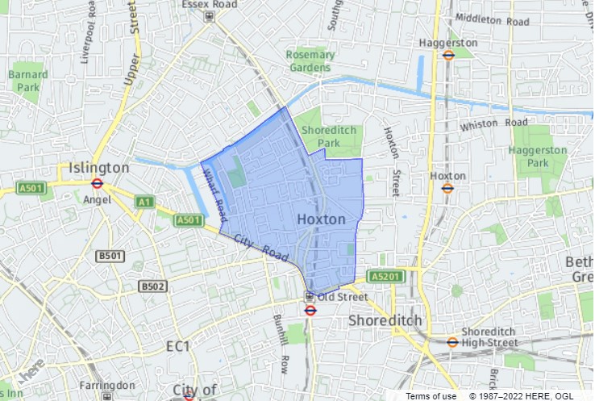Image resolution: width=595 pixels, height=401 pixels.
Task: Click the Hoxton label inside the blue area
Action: (321, 219)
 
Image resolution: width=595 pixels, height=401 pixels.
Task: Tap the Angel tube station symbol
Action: (98, 184)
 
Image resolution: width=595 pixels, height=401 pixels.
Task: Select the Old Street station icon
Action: (309, 297)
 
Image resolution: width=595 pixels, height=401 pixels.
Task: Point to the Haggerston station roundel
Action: (449, 55)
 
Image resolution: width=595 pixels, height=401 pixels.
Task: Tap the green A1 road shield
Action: (144, 202)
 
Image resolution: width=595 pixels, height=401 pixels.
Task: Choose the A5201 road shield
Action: (385, 276)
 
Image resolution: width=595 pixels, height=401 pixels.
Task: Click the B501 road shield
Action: (110, 256)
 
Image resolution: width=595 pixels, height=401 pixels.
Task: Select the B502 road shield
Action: (152, 286)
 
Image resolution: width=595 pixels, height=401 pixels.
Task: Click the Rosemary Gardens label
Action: (310, 61)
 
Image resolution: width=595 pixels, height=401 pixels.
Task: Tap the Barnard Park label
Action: (27, 80)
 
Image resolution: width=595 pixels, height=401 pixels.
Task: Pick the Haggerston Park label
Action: (538, 157)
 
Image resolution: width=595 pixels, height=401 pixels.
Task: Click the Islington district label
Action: (99, 167)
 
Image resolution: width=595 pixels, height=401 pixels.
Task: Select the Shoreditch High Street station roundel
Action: (452, 341)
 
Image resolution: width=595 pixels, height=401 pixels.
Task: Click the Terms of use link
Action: (431, 395)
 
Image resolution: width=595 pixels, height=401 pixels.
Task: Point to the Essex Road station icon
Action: (209, 16)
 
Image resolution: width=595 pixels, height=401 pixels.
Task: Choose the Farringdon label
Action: (106, 385)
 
